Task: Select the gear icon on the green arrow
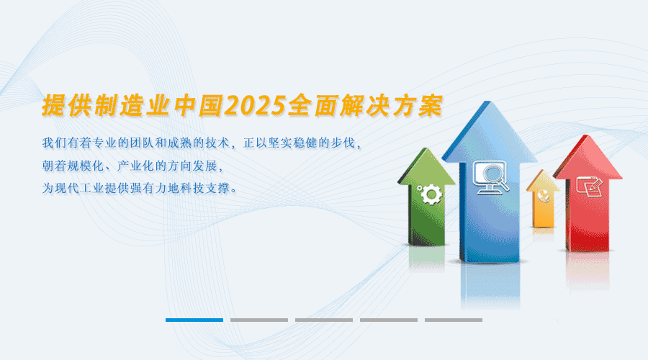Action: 431,194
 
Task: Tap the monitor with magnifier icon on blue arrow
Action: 490,177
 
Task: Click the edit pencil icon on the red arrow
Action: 590,186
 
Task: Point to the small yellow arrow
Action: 543,199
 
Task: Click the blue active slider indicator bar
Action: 194,320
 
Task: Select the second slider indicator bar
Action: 259,320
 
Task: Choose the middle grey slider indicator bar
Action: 324,320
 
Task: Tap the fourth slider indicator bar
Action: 389,320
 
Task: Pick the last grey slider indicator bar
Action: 454,320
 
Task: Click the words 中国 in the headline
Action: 199,106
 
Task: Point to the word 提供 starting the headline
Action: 67,106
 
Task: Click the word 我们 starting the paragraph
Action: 54,143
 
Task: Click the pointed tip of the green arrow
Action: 424,148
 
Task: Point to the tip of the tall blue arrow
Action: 490,102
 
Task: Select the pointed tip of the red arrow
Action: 586,135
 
